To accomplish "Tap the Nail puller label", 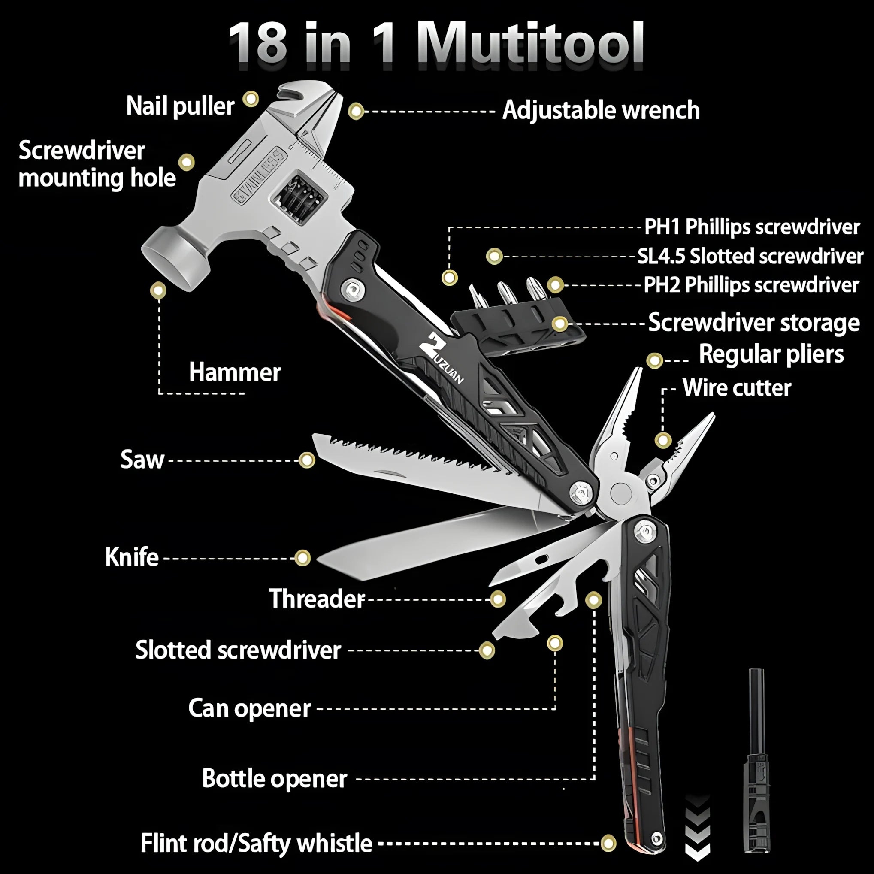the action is [180, 106].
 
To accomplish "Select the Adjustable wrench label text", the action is [601, 110].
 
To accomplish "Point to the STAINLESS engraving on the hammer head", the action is [259, 175].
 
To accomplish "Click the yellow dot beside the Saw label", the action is [307, 460].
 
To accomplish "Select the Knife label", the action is [132, 557].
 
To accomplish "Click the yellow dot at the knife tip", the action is [302, 558].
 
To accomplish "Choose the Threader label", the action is [317, 599].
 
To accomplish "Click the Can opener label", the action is [250, 708].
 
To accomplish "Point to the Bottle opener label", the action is [275, 779].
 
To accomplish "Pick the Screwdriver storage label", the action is [754, 323].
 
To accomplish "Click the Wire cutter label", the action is [737, 388].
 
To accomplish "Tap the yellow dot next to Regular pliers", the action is [655, 360].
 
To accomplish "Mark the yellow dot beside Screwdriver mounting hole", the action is [186, 162].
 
